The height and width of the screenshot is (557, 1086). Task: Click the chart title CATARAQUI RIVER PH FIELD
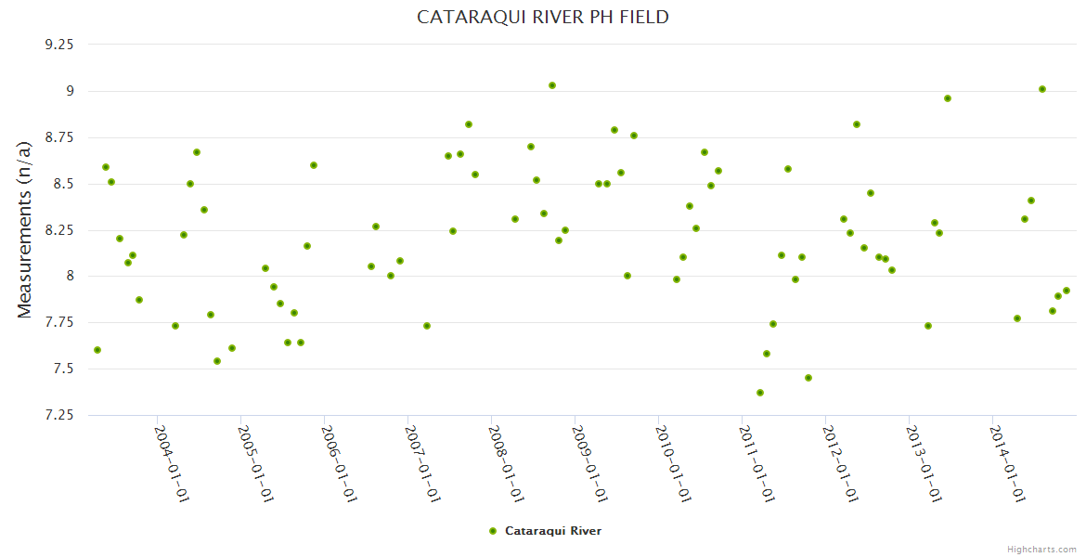(x=543, y=18)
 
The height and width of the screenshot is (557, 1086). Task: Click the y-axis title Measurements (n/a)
(x=25, y=229)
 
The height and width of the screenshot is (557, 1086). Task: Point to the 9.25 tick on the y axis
(x=58, y=44)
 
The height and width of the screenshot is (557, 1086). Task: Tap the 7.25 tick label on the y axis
(x=58, y=415)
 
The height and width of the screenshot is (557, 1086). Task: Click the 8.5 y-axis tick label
(x=63, y=184)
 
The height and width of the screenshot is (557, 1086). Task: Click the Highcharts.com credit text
(x=1041, y=550)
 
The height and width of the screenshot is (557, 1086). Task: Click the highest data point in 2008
(x=552, y=85)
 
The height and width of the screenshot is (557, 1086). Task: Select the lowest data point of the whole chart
(x=760, y=393)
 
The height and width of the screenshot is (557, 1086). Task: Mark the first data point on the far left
(x=97, y=350)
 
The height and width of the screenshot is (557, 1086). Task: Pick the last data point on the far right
(x=1067, y=291)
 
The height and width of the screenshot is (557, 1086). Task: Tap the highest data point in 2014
(x=1042, y=89)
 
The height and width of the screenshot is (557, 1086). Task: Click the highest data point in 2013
(x=948, y=98)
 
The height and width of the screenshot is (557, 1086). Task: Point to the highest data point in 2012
(x=857, y=124)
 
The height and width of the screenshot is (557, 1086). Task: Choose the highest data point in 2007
(x=469, y=124)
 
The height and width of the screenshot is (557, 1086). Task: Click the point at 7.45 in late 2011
(x=808, y=378)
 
